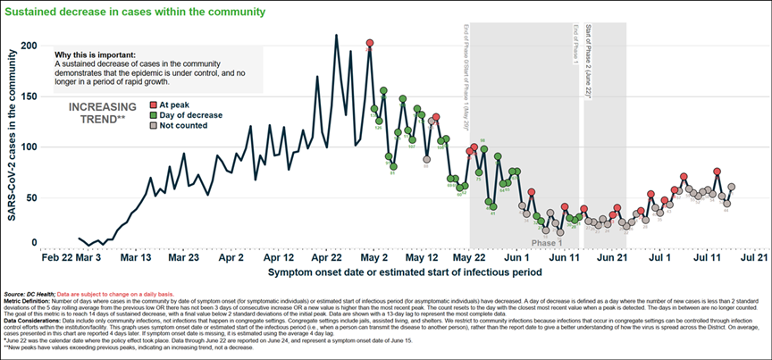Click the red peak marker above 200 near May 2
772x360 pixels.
(370, 43)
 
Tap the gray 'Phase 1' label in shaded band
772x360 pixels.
(547, 243)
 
